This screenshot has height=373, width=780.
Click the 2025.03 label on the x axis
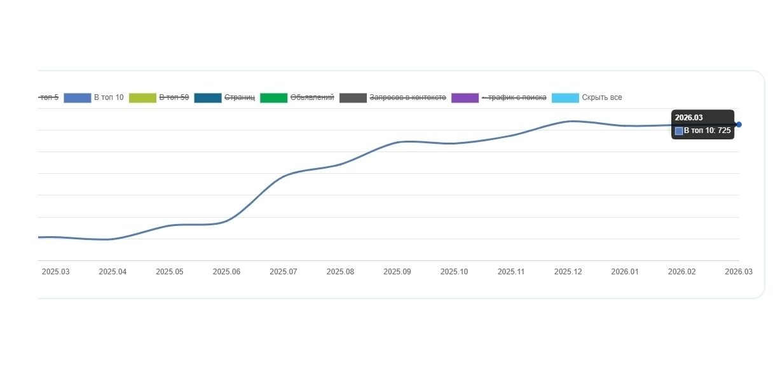[x=56, y=272]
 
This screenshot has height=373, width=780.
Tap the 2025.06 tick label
[x=226, y=272]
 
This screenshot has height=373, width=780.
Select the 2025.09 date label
[x=397, y=272]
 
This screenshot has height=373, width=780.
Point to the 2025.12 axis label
[x=568, y=272]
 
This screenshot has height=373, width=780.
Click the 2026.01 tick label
[x=625, y=272]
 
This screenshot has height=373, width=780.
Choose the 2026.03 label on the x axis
[x=739, y=272]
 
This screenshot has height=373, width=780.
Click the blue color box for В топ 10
[x=78, y=98]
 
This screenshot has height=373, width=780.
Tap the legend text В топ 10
[x=109, y=97]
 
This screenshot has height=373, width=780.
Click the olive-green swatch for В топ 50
[x=142, y=98]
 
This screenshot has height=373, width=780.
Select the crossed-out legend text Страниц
[x=240, y=97]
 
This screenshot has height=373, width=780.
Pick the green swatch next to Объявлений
[x=274, y=98]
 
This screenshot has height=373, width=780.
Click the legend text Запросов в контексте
[x=407, y=97]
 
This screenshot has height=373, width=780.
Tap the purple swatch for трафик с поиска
[x=465, y=98]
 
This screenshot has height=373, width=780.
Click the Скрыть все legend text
[x=602, y=97]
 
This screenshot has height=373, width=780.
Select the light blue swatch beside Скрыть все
[x=566, y=98]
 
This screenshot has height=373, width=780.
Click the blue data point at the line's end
[x=739, y=125]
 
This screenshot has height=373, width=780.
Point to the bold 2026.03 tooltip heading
[x=688, y=118]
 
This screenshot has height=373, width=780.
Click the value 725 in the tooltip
[x=724, y=130]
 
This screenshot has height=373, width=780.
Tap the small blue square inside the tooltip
[x=679, y=131]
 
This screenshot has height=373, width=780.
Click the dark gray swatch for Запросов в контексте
[x=353, y=98]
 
